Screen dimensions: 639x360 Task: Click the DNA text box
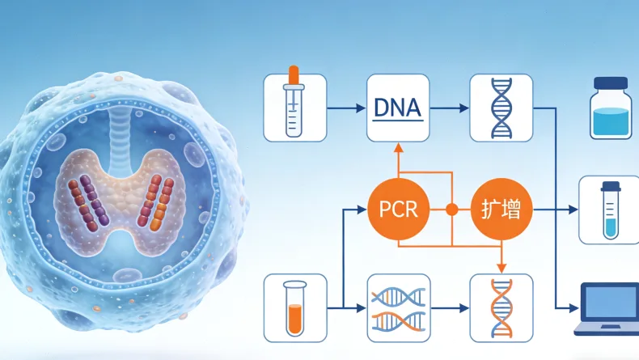398,108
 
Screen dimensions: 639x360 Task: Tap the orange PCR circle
399,210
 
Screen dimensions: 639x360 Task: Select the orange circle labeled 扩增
501,210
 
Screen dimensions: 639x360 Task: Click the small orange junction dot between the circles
451,210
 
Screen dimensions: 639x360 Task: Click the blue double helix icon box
501,108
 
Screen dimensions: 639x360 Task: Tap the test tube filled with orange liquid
294,308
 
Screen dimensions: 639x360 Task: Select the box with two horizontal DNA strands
399,308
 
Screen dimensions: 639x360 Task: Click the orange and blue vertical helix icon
501,308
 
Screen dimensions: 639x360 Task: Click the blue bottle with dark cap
611,108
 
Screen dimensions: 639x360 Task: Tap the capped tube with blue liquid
611,210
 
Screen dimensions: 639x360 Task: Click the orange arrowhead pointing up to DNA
399,147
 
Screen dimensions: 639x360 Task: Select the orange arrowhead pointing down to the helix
501,268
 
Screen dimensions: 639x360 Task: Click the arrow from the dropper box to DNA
346,108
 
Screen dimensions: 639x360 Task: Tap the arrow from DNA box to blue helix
450,108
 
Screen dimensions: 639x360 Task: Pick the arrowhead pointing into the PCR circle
362,210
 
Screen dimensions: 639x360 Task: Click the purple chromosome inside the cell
95,200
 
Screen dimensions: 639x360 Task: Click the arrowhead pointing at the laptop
573,308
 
